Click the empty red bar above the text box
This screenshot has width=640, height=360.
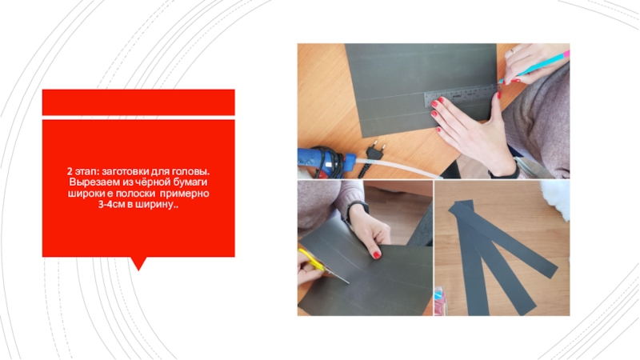(x=138, y=102)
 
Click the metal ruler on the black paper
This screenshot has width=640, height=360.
(x=462, y=95)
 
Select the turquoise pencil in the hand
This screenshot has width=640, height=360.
(x=534, y=67)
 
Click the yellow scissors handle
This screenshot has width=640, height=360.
(x=311, y=261)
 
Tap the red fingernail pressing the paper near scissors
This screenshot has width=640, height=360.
(x=376, y=255)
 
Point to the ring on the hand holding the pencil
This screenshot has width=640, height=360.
(x=512, y=51)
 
